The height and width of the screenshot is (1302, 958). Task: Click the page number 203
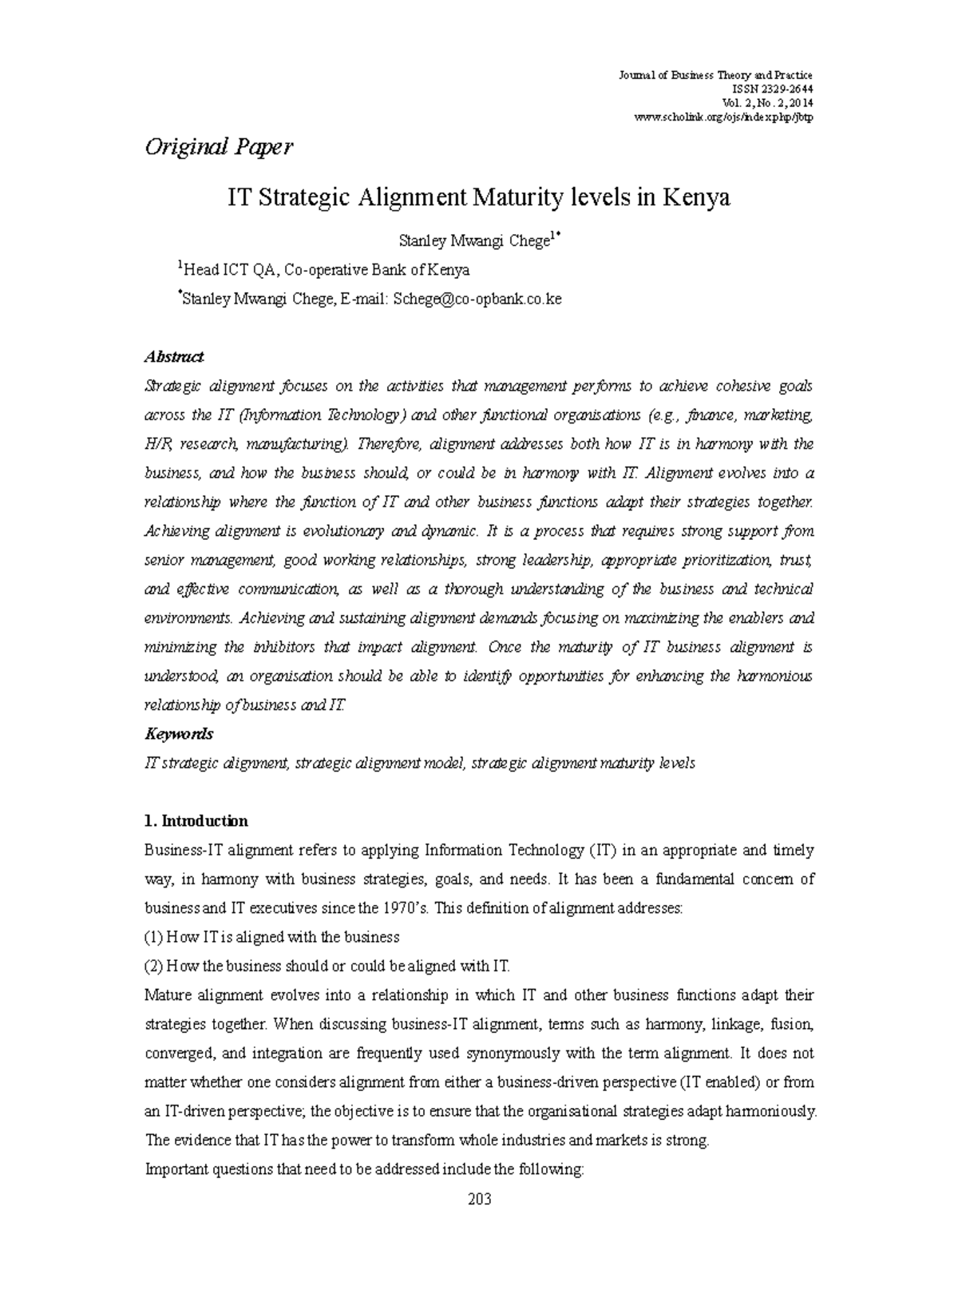point(479,1199)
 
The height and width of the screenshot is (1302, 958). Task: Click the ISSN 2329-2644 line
point(766,89)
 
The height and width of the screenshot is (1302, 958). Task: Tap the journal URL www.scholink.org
point(722,118)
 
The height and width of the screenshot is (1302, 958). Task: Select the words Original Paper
point(218,147)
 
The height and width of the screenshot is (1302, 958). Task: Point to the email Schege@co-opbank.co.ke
point(477,299)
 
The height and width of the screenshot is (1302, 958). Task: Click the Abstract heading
point(173,356)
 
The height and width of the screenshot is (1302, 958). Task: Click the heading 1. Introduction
point(196,821)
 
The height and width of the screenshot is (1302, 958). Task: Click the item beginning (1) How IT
point(271,937)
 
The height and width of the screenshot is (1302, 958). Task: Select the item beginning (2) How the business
point(327,966)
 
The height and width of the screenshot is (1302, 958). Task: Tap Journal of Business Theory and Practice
point(715,75)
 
